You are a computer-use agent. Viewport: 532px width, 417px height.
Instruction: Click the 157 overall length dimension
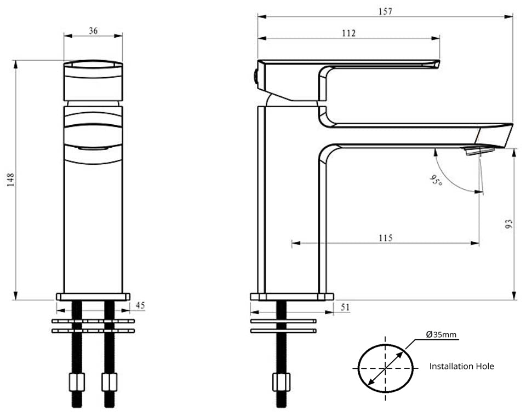click(x=385, y=11)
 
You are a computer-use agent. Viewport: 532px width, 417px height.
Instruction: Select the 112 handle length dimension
click(x=348, y=33)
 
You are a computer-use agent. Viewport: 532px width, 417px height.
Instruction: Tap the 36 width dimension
click(x=93, y=31)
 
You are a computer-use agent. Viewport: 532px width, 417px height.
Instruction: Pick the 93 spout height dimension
click(x=509, y=223)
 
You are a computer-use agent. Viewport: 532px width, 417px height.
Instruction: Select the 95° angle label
click(x=436, y=180)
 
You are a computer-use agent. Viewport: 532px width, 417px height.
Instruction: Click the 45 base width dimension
click(x=140, y=305)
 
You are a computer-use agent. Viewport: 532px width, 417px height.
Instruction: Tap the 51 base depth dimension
click(x=345, y=308)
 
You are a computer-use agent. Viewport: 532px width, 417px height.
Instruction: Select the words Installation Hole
click(x=461, y=366)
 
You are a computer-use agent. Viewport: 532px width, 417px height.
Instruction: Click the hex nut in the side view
click(x=281, y=381)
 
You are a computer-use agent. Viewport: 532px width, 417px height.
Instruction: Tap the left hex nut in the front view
click(x=77, y=381)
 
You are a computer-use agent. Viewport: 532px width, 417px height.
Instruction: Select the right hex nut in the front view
click(x=110, y=381)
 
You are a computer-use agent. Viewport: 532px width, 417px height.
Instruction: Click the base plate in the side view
click(x=291, y=297)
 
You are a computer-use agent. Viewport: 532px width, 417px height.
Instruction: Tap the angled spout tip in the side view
click(x=496, y=134)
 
